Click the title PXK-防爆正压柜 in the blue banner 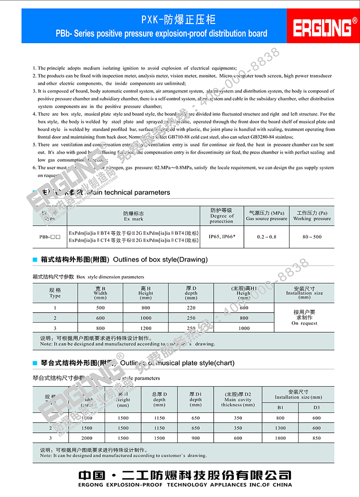(178, 20)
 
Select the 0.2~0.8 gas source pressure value (266, 237)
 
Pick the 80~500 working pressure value (312, 237)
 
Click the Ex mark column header (133, 216)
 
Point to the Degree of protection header (221, 216)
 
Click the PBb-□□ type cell (50, 237)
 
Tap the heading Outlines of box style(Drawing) (160, 259)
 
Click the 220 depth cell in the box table (191, 308)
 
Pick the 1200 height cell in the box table (145, 328)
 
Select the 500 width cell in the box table (100, 308)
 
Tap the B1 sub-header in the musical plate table (280, 407)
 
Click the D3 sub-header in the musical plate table (316, 407)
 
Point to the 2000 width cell (87, 438)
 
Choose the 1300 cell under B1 (280, 428)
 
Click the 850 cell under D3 (316, 438)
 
